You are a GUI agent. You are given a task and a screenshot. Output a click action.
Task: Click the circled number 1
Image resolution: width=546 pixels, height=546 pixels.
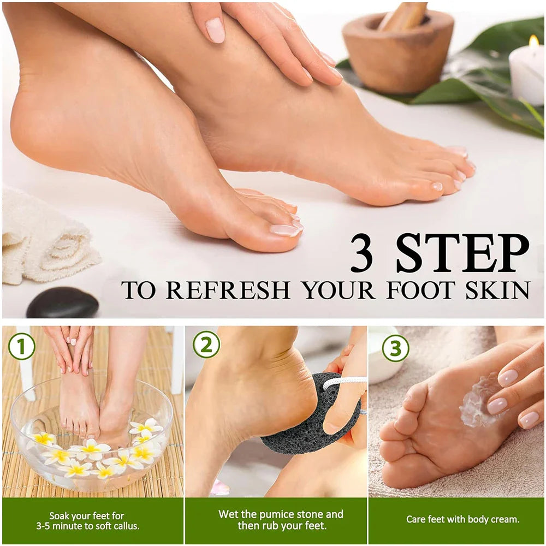[x=21, y=346]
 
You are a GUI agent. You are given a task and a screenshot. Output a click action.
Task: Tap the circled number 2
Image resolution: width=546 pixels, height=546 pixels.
[x=206, y=345]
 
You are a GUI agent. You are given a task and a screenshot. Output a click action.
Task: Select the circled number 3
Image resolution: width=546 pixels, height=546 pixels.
[x=395, y=348]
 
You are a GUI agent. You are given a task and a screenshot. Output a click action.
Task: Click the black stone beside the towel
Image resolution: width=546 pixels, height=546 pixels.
[x=62, y=304]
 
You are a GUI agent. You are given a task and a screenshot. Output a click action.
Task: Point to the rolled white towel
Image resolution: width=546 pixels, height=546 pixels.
[x=44, y=240]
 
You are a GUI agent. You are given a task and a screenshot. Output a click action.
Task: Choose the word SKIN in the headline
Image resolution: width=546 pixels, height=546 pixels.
[x=497, y=290]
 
